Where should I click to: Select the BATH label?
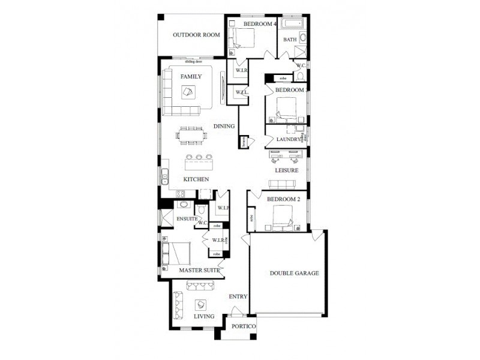pos(290,40)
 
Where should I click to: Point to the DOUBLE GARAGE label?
pos(294,273)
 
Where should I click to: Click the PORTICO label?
pos(244,326)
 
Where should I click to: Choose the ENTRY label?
pos(238,296)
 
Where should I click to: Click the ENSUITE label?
pos(187,219)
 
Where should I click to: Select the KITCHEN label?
pos(196,179)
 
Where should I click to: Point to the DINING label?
pos(224,126)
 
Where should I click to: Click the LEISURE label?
pos(287,170)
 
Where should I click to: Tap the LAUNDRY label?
pos(289,139)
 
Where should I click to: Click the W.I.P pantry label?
pos(223,208)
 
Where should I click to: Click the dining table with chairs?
pos(192,135)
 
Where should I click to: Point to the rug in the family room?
pos(188,92)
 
